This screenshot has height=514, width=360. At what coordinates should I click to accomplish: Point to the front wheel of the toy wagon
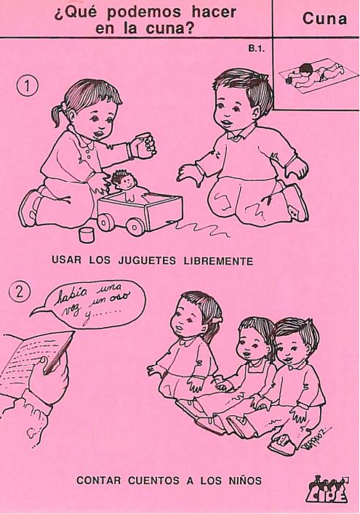(135, 225)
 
